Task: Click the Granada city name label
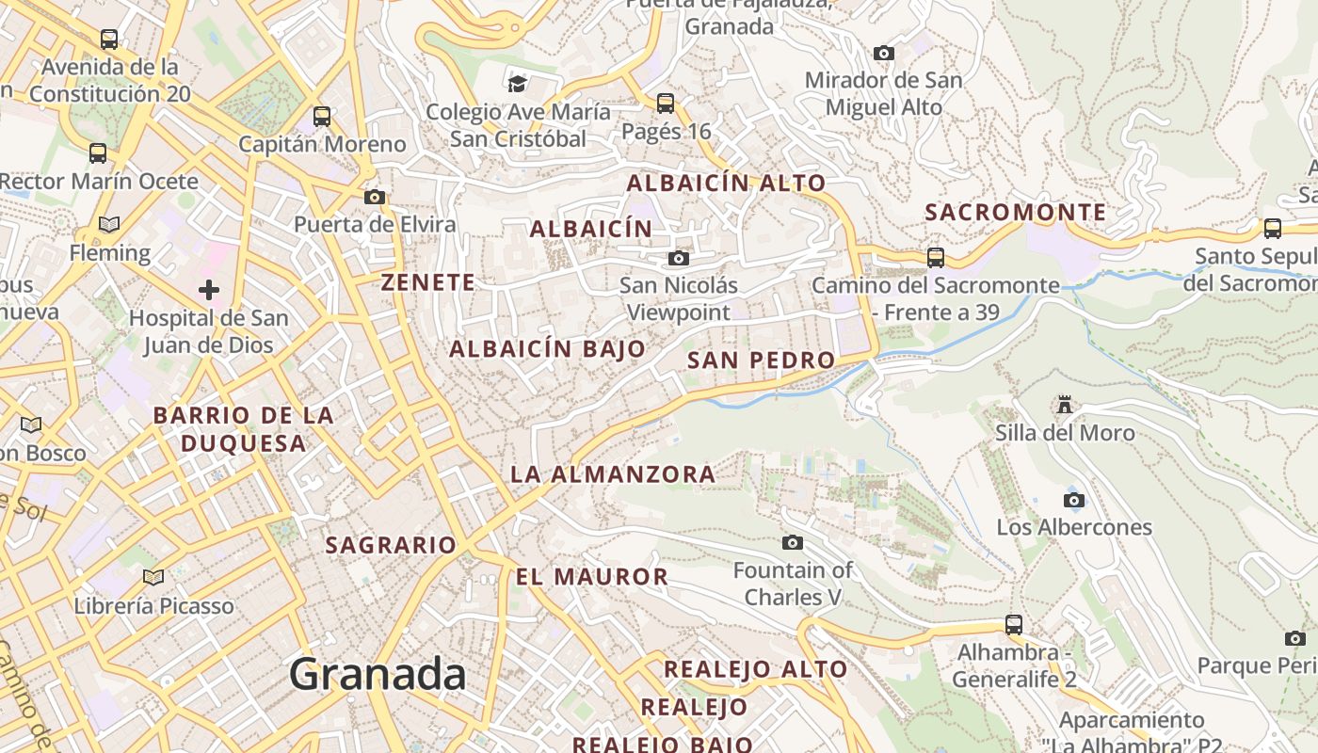(377, 675)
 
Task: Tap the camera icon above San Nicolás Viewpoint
(678, 258)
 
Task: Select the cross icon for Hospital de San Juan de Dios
(209, 290)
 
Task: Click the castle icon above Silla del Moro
(1065, 405)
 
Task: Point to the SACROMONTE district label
(1015, 212)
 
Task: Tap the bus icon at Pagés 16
(666, 103)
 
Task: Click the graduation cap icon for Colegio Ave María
(517, 84)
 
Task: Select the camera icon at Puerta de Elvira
(375, 197)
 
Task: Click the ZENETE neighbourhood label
(428, 281)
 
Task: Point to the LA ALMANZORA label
(613, 474)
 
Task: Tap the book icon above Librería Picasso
(153, 577)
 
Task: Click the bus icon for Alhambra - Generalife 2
(1013, 624)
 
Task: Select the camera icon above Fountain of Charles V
(793, 542)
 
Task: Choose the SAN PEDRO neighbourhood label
(761, 360)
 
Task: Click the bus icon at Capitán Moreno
(322, 117)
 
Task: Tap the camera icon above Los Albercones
(1073, 500)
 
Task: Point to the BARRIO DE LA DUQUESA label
(243, 429)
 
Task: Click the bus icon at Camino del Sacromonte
(935, 257)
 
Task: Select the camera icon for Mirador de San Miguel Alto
(883, 53)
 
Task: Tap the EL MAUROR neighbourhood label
(591, 576)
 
